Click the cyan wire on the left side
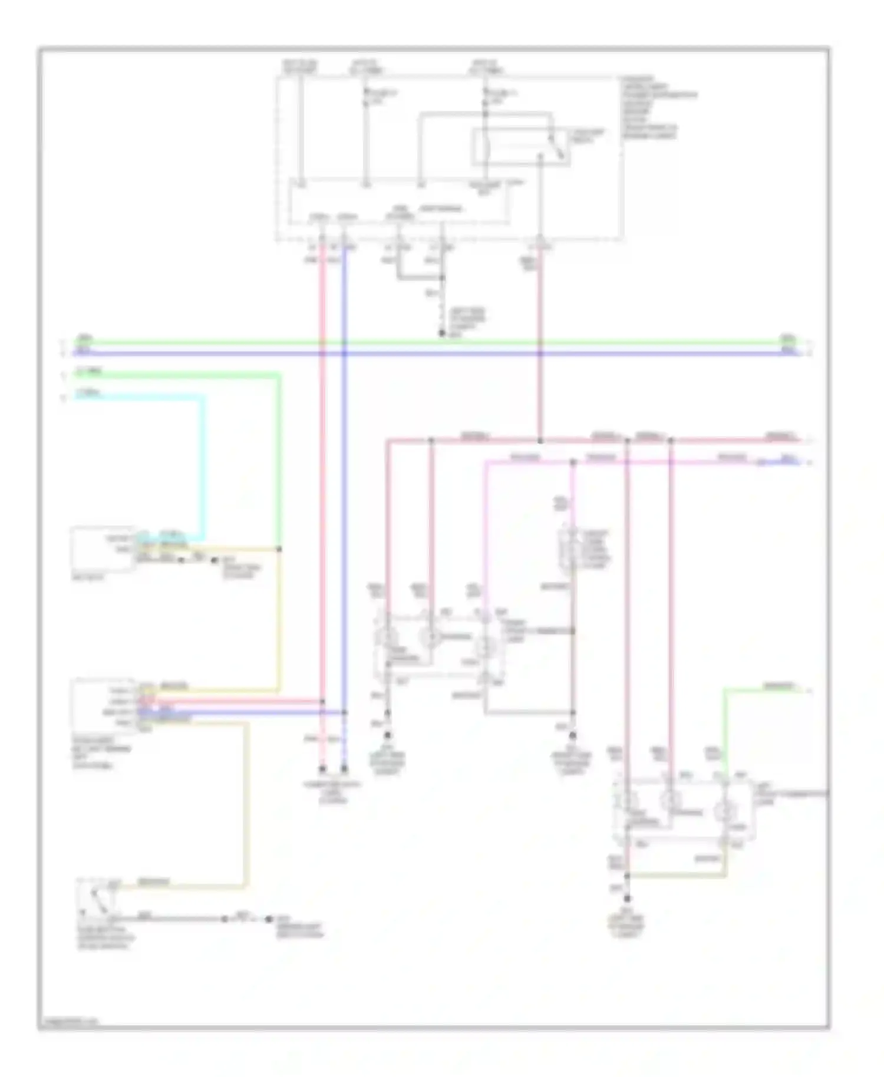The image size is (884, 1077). tap(206, 465)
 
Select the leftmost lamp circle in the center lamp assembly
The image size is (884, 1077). tap(387, 636)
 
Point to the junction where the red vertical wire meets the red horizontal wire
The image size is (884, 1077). tap(540, 440)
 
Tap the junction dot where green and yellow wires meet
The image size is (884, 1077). tap(279, 549)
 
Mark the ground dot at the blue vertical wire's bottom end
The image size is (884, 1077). tap(344, 769)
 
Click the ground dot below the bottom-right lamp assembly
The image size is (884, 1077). tap(627, 899)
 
